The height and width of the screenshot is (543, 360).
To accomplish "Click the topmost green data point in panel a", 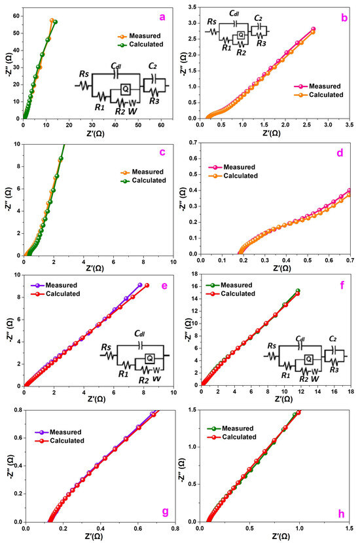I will point(56,22).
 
